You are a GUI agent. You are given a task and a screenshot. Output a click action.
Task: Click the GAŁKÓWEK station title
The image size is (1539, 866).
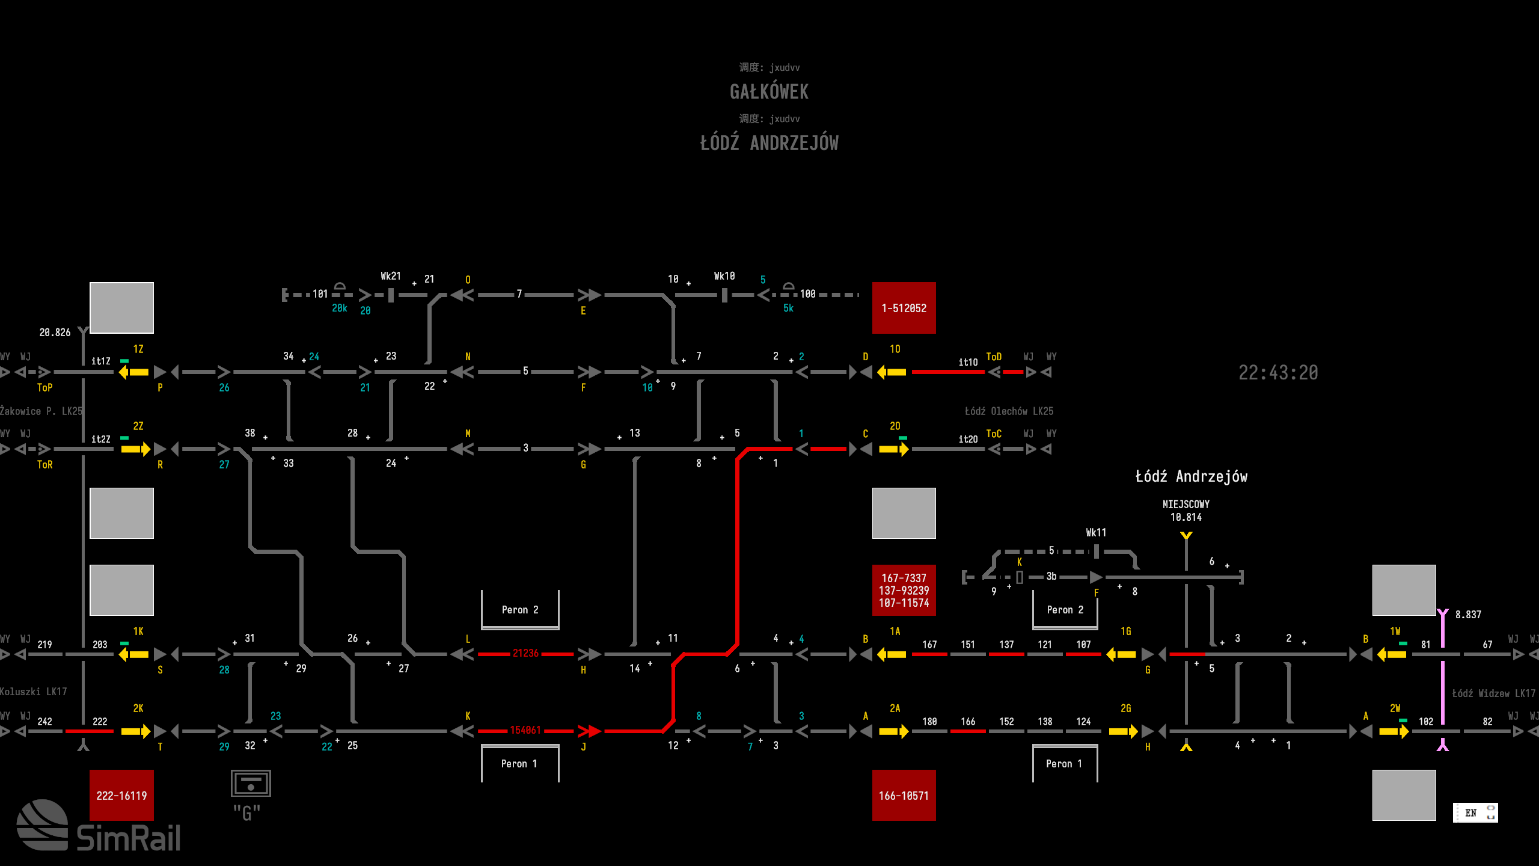pos(769,92)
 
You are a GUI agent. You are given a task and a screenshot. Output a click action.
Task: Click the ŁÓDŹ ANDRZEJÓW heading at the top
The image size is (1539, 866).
pos(769,143)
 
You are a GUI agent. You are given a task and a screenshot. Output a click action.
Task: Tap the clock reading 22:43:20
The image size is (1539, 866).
pos(1278,373)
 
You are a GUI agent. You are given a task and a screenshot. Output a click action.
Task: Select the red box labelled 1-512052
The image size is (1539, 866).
pos(904,308)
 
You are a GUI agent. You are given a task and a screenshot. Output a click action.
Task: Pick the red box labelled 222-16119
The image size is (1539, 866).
pos(121,795)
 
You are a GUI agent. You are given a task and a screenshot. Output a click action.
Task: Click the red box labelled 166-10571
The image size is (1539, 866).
pos(904,795)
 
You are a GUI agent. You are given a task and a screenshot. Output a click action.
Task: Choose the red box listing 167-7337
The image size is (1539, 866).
pos(904,590)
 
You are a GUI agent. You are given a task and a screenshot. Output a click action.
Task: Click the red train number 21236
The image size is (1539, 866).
pos(525,653)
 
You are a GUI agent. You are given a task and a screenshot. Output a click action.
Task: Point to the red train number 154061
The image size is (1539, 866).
pos(525,730)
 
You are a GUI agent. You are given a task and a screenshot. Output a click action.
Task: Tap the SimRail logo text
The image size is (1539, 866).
pos(128,838)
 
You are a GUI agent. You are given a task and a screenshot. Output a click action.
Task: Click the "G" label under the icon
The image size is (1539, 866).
pos(246,813)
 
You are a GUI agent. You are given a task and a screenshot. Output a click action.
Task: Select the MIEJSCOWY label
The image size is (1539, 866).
pos(1186,504)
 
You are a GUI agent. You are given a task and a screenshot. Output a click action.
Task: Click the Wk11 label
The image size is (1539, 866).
pos(1095,532)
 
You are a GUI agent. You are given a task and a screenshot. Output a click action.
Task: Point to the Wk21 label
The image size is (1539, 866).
pos(390,276)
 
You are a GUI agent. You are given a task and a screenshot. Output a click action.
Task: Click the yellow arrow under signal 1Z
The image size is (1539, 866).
pos(133,372)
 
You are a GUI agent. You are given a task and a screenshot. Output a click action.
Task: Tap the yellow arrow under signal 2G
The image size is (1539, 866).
pos(1123,731)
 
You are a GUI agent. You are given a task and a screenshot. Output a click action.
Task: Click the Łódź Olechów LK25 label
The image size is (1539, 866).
pos(1009,411)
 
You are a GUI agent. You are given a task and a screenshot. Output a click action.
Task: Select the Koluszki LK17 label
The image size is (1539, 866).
pos(34,692)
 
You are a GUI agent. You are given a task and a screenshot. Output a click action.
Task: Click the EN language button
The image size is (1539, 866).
pos(1471,812)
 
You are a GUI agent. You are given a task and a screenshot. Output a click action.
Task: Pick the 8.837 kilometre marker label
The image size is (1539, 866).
pos(1467,615)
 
